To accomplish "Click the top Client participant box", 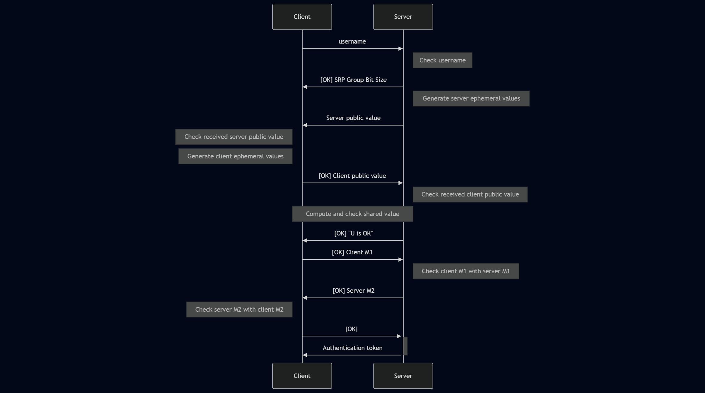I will click(302, 17).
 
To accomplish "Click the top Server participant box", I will click(403, 17).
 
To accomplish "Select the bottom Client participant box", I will click(302, 376).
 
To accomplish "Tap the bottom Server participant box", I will click(403, 376).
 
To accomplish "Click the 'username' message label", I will click(352, 41).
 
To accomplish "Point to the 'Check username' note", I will click(442, 60).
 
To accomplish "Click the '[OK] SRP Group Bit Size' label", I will click(353, 80).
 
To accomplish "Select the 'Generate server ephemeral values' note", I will click(471, 98).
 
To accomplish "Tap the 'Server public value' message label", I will click(353, 118).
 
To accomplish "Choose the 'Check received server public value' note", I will click(233, 137).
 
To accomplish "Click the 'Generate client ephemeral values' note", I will click(235, 156).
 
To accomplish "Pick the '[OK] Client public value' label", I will click(352, 176).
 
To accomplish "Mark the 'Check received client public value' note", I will click(470, 194).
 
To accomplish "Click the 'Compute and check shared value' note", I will click(353, 214).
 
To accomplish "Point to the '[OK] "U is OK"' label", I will click(353, 233).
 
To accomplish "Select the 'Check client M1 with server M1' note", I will click(466, 271).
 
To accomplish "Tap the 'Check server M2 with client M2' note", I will click(239, 310).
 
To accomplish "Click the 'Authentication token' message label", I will click(353, 348).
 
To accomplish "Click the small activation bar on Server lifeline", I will click(405, 346).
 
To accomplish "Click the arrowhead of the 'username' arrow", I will click(401, 49).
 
